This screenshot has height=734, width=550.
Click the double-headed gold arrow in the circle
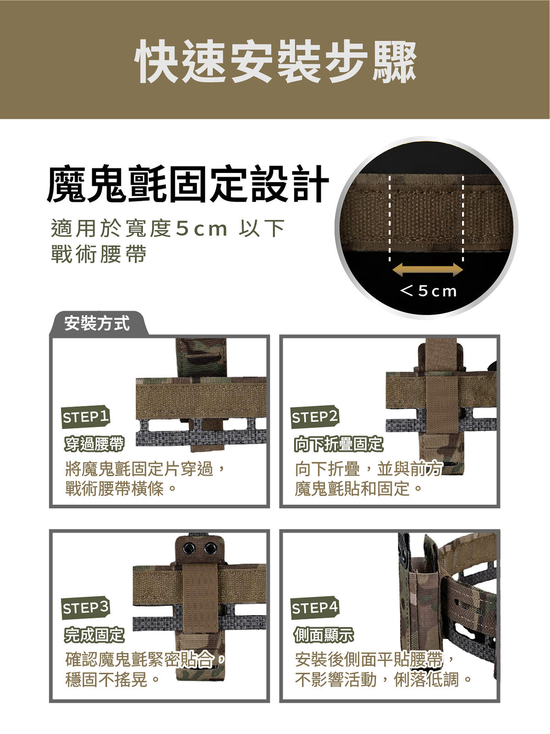click(x=428, y=270)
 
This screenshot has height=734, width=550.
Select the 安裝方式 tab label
click(x=97, y=323)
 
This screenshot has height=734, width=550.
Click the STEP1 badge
click(x=86, y=417)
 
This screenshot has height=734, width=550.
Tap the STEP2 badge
click(x=315, y=417)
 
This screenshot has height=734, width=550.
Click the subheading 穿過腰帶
click(x=94, y=444)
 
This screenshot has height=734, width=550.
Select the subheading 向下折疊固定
click(x=339, y=444)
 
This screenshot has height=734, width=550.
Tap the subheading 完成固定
click(x=94, y=635)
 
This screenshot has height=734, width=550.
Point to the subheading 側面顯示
click(x=324, y=635)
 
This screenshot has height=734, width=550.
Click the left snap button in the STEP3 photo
click(x=189, y=548)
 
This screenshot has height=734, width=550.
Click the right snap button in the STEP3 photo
click(x=210, y=548)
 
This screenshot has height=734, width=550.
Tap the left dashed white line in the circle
click(x=390, y=218)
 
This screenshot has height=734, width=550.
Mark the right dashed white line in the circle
click(x=463, y=218)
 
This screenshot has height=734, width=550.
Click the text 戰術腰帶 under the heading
click(x=99, y=254)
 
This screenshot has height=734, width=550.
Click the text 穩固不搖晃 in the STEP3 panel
click(x=106, y=679)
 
